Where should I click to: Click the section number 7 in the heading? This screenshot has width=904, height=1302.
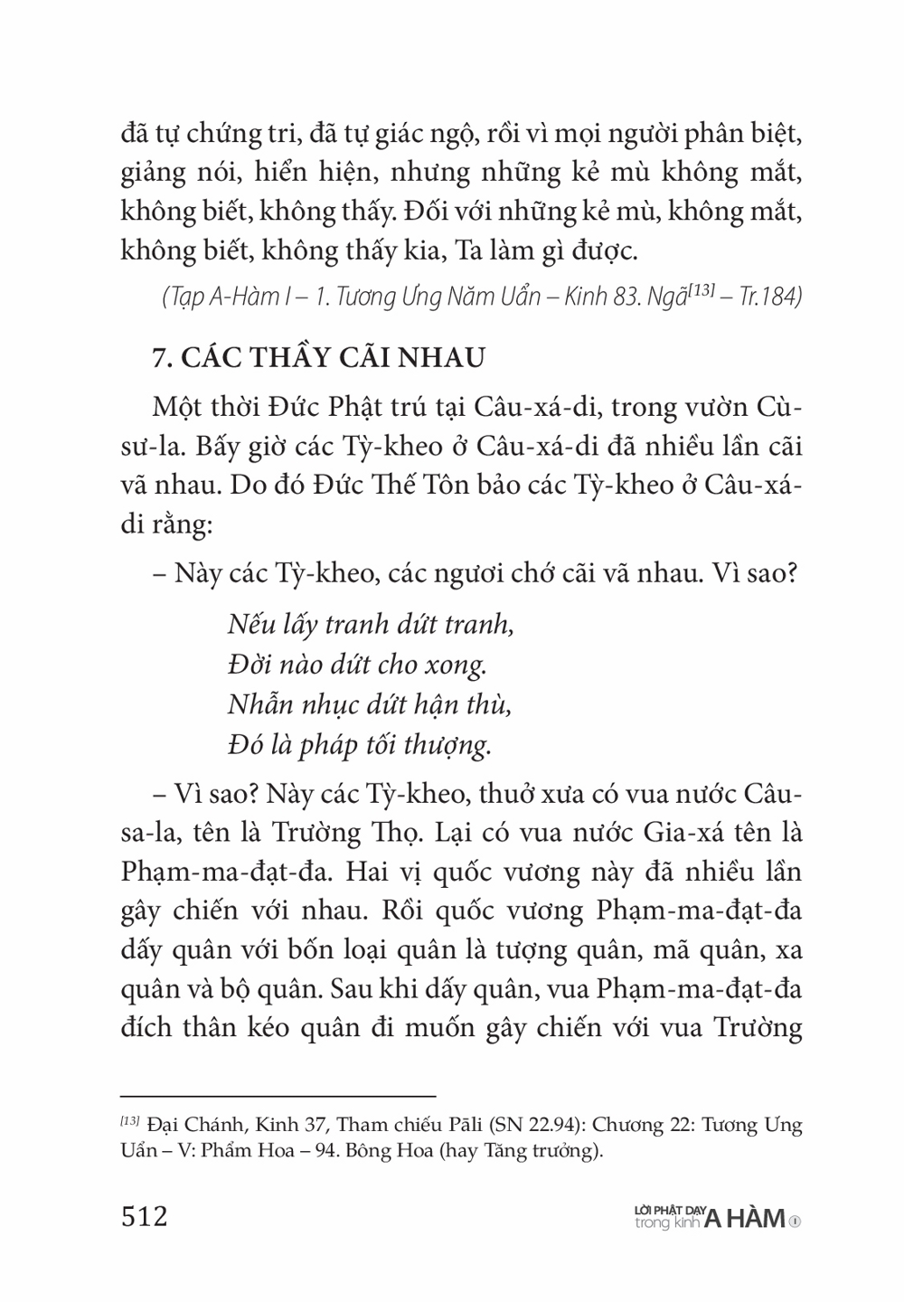click(158, 357)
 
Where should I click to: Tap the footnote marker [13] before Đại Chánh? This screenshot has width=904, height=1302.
click(130, 1122)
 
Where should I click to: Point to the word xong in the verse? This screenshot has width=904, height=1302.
click(456, 665)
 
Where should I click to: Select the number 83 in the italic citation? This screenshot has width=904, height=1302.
click(626, 297)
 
